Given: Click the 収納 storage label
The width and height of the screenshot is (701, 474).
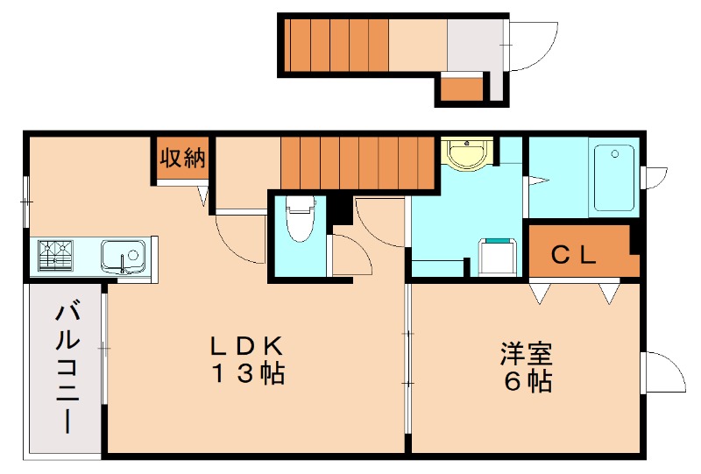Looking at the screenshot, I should [x=182, y=159].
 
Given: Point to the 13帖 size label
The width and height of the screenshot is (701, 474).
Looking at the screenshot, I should [x=246, y=374].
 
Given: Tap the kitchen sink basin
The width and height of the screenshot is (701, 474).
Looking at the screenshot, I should [x=121, y=257].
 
